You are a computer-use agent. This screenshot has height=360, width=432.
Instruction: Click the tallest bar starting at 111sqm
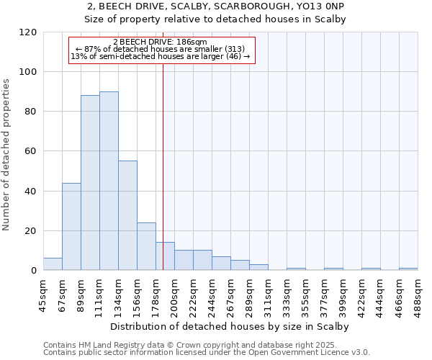point(109,181)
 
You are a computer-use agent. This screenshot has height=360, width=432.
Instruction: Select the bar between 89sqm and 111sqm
point(90,183)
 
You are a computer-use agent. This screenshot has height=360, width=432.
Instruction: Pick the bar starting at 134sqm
point(127,215)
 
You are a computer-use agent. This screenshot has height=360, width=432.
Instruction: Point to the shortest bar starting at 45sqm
point(53,264)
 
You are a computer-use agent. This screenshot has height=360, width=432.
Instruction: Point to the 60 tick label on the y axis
point(31,152)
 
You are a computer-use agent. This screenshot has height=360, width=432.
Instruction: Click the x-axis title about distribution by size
point(230,326)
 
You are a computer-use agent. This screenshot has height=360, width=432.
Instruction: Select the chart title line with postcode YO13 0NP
point(216,7)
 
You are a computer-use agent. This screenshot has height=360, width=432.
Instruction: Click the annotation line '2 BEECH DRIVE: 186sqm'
point(161,42)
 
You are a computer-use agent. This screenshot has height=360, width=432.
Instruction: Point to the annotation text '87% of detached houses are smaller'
point(161,49)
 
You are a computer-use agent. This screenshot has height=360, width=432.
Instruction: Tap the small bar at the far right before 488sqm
point(408,269)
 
